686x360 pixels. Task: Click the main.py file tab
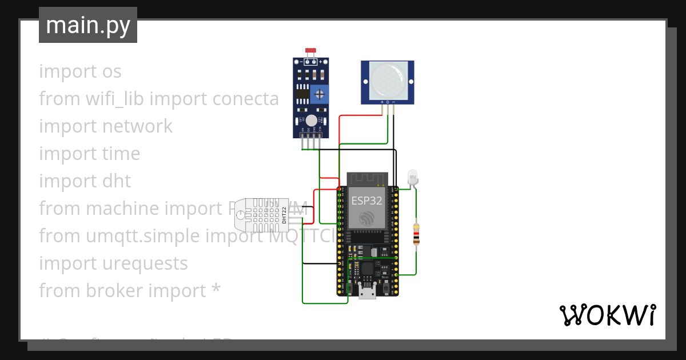(x=88, y=25)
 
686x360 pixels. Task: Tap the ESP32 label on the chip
(x=367, y=200)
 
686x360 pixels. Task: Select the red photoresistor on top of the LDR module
(x=312, y=51)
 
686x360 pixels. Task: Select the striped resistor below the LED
(x=416, y=235)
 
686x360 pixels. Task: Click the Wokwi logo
(x=607, y=315)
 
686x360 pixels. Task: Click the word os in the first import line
(x=111, y=71)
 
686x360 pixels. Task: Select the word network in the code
(x=137, y=126)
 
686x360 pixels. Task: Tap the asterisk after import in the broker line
(x=216, y=290)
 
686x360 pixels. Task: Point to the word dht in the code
(x=117, y=181)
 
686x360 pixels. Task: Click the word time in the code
(x=121, y=154)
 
